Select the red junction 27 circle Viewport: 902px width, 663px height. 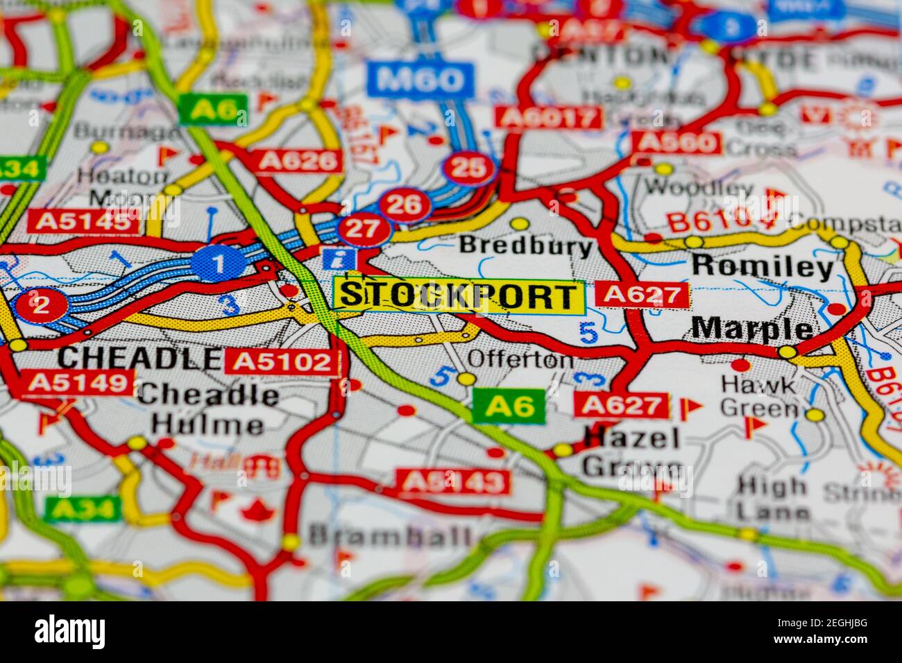click(x=363, y=229)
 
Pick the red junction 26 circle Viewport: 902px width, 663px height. click(x=405, y=205)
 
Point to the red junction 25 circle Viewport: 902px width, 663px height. click(x=469, y=169)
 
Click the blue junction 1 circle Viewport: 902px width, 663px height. click(x=218, y=264)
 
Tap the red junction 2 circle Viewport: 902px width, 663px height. click(x=41, y=304)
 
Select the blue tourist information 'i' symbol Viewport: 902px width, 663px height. click(x=340, y=259)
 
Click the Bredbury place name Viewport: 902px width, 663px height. click(x=525, y=246)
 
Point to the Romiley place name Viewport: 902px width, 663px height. click(x=763, y=266)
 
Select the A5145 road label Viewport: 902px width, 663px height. click(x=83, y=221)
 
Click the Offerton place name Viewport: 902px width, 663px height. click(x=520, y=359)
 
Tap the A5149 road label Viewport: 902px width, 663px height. click(x=78, y=382)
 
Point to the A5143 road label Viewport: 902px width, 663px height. click(x=453, y=481)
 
